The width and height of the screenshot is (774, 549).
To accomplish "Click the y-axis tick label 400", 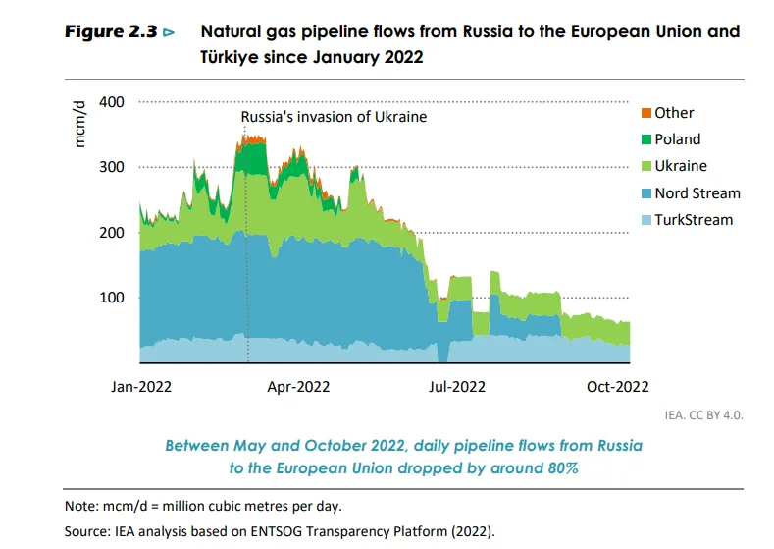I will coord(113,102).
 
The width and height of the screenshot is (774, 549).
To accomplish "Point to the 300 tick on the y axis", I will coord(113,167).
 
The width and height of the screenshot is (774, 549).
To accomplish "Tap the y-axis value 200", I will coord(113,233).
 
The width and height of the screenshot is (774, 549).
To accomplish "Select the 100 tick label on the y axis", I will coord(113,298).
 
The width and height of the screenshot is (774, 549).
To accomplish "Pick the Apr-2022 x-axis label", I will coord(298,386).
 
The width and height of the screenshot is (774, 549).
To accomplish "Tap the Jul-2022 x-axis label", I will coord(455,386).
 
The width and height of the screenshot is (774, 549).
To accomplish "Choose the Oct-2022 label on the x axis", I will coord(618,386).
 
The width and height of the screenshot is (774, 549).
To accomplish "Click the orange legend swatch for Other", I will coord(646,113).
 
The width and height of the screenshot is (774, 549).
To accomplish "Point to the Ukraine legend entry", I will coord(680,166).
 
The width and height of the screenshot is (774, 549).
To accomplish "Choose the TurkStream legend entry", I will coord(693,219).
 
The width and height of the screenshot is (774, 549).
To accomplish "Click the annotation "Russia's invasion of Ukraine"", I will coord(335,117).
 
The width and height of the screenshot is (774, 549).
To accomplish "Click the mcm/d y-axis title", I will coord(83,125).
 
